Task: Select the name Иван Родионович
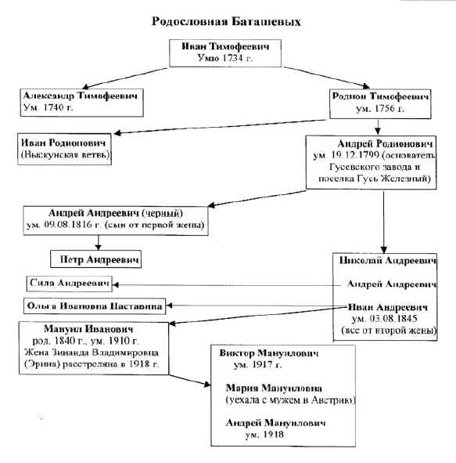64,143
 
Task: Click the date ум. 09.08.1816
70,225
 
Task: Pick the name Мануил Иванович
78,329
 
